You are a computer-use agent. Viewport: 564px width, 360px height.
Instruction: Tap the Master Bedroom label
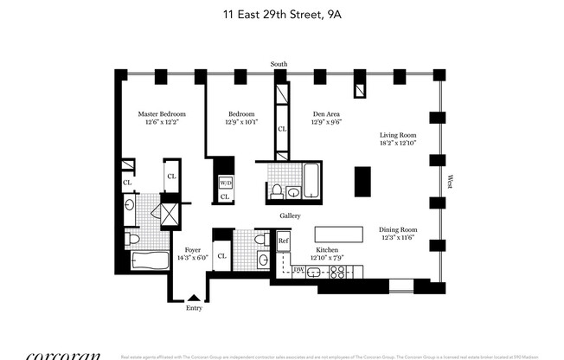pyautogui.click(x=162, y=113)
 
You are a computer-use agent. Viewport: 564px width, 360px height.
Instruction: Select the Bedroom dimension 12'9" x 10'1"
pyautogui.click(x=241, y=123)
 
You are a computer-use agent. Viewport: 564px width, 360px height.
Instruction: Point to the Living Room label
pyautogui.click(x=398, y=135)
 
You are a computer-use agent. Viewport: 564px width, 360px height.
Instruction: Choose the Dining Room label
pyautogui.click(x=398, y=230)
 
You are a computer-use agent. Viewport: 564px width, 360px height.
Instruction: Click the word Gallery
pyautogui.click(x=289, y=215)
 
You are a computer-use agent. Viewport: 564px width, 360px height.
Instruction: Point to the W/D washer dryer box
pyautogui.click(x=225, y=183)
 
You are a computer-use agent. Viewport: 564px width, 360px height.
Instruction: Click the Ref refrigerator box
pyautogui.click(x=283, y=241)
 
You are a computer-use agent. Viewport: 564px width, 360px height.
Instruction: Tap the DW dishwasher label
pyautogui.click(x=298, y=270)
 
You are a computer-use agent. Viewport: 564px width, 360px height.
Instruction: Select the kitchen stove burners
pyautogui.click(x=336, y=271)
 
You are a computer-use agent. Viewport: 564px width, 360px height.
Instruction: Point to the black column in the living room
pyautogui.click(x=362, y=182)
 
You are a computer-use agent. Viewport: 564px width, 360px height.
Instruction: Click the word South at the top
pyautogui.click(x=279, y=64)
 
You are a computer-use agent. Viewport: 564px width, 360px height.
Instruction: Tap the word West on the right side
pyautogui.click(x=451, y=182)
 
